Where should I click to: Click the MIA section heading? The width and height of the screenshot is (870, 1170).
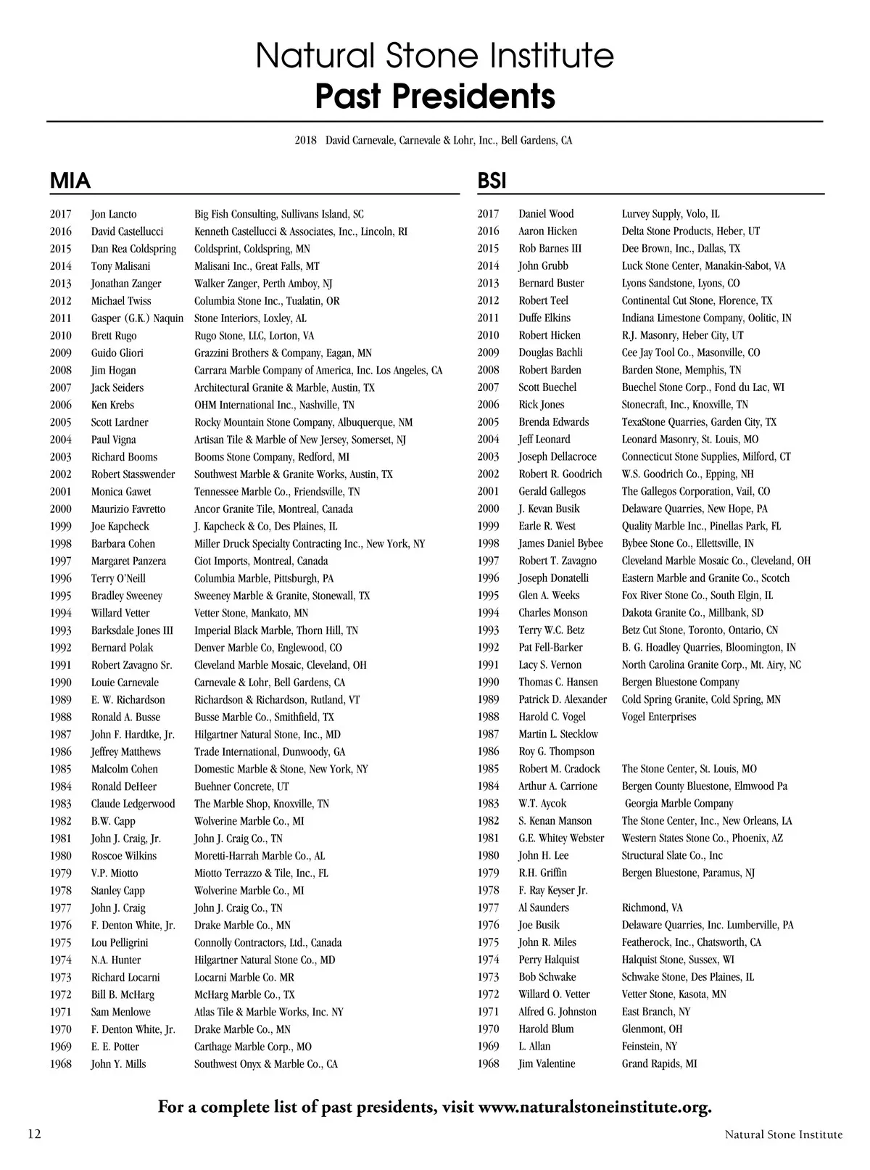click(70, 181)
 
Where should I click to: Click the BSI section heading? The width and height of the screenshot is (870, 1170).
click(492, 181)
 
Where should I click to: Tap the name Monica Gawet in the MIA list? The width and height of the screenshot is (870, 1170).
click(121, 492)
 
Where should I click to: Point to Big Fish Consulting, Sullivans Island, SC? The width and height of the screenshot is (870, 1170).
click(279, 214)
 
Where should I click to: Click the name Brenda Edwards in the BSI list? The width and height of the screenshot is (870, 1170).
click(553, 422)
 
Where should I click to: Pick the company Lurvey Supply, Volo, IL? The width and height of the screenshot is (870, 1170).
click(671, 214)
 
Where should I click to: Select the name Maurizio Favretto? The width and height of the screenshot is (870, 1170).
click(128, 509)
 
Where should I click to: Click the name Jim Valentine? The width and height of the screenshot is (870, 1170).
click(547, 1064)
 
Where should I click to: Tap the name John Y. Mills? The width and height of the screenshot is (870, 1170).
click(118, 1064)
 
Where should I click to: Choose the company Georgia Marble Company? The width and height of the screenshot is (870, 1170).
click(679, 804)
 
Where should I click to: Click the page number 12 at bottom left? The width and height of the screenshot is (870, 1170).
click(35, 1134)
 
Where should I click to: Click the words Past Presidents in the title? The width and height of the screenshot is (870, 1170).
click(435, 96)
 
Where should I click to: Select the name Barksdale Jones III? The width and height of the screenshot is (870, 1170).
click(132, 630)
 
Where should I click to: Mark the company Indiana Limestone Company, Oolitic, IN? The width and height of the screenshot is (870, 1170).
click(706, 318)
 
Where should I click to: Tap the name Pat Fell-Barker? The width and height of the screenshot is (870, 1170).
click(550, 648)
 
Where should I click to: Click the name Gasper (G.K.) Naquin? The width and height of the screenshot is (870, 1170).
click(137, 318)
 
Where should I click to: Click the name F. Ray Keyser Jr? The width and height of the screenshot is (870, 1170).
click(552, 891)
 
